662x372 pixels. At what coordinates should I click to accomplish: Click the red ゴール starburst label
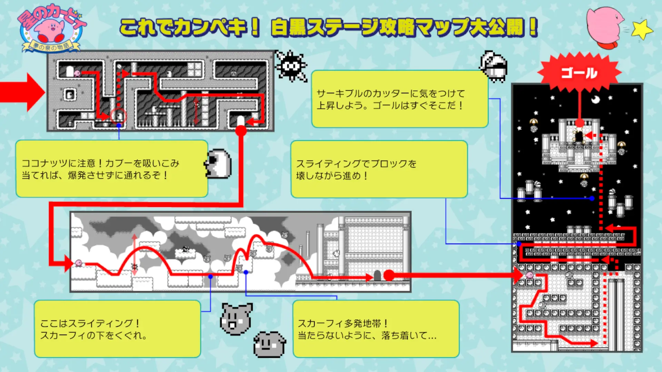tap(579, 73)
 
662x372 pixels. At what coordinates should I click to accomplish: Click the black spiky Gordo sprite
tap(291, 66)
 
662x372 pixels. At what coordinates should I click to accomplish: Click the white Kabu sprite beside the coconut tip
tap(218, 164)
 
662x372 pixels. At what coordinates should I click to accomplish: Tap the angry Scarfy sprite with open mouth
tap(236, 319)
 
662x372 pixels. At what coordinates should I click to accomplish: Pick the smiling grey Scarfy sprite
tap(270, 344)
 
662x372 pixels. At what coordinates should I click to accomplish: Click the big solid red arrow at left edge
tap(22, 92)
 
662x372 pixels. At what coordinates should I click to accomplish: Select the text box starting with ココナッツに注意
tap(112, 169)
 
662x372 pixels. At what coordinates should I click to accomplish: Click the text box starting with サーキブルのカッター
tap(400, 99)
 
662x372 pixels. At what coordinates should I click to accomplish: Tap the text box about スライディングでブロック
tap(379, 169)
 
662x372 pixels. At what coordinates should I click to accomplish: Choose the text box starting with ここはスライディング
tap(117, 329)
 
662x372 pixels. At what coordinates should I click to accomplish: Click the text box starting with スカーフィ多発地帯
tap(376, 329)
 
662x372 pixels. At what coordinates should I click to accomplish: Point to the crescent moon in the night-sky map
tap(595, 100)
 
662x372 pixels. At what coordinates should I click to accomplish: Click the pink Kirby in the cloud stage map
tap(79, 263)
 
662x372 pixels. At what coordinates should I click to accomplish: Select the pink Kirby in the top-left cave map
tap(77, 73)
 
